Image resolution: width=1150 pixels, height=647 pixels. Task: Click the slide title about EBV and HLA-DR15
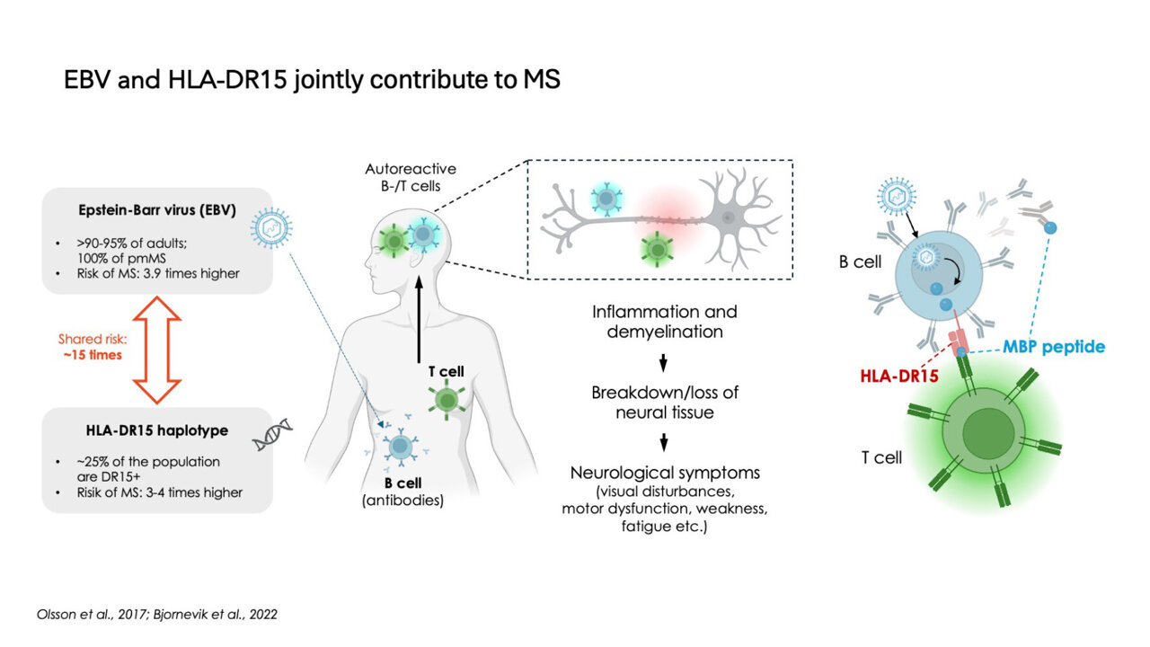pos(312,80)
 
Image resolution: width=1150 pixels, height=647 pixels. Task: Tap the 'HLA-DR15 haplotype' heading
pos(156,430)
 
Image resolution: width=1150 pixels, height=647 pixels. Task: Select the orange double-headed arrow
pos(156,351)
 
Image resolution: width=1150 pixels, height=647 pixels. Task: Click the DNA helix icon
pos(270,434)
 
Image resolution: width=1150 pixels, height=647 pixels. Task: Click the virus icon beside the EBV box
pos(270,229)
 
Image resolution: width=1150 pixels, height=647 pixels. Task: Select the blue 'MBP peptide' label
pos(1053,347)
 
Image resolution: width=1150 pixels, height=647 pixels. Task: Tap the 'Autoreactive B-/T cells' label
pos(411,177)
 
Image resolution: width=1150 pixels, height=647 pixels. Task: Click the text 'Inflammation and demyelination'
pos(664,321)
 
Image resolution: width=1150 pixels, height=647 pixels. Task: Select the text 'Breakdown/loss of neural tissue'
pos(664,402)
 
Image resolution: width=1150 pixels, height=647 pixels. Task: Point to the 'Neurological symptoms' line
pos(664,473)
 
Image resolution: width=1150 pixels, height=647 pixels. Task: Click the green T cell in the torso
pos(446,400)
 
